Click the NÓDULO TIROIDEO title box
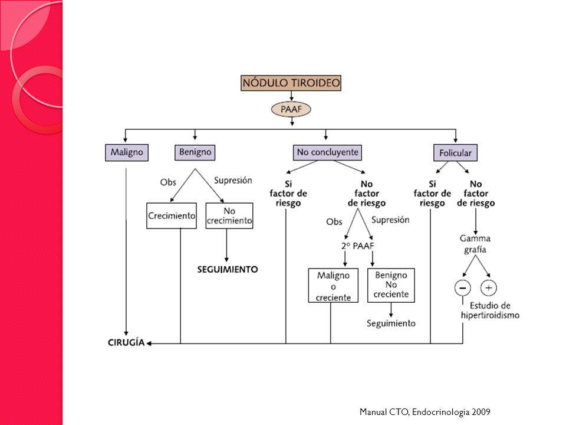pos(291,83)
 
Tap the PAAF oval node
pos(291,109)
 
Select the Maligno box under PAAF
pos(127,152)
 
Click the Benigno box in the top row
pos(195,152)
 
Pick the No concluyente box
pos(327,152)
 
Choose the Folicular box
pos(455,153)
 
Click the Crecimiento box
pos(172,216)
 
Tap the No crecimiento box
pos(229,216)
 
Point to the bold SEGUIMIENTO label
pos(228,270)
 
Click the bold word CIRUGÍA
pos(126,342)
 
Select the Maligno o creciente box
pos(333,286)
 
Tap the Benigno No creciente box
pos(391,285)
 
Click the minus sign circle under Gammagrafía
pos(463,288)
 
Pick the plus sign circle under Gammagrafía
pos(489,288)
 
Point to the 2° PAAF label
pos(358,246)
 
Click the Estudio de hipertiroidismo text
pos(490,310)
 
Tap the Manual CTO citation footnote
pos(425,412)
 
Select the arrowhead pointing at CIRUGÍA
pos(149,344)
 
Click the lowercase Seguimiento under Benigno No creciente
pos(391,323)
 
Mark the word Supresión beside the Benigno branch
pos(233,181)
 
